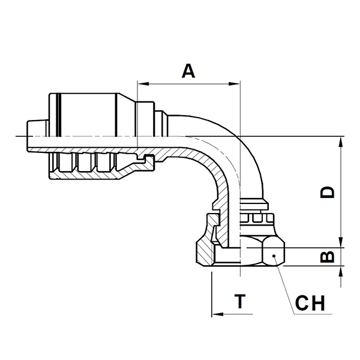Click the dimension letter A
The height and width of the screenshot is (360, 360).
tap(188, 71)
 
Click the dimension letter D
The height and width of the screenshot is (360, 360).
tap(328, 192)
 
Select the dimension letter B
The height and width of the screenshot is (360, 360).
tap(328, 257)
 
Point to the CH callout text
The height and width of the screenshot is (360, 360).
tap(310, 303)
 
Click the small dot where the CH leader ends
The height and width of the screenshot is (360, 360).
tap(274, 256)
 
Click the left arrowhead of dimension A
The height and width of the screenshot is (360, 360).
tap(143, 84)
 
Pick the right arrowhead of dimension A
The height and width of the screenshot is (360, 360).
tap(234, 84)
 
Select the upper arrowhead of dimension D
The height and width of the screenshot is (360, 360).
tap(341, 142)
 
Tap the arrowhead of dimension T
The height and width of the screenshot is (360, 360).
tap(217, 314)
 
